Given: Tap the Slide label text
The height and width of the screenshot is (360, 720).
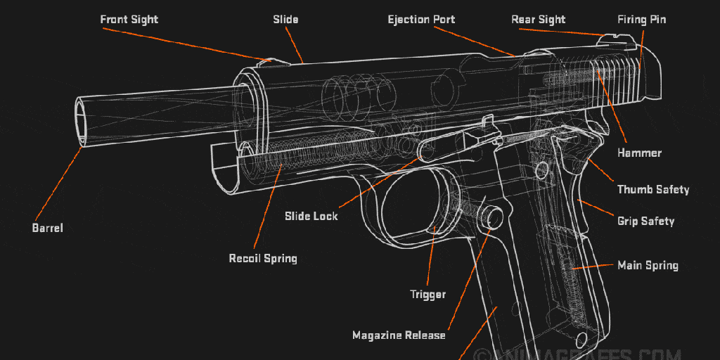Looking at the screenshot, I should (285, 20).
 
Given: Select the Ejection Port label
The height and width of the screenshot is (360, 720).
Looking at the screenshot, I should (421, 20).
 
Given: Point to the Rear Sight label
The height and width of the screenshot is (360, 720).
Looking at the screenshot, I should (538, 20).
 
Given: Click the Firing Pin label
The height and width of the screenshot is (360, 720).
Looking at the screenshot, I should (641, 20).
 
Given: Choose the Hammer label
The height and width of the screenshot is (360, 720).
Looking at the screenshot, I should (639, 153).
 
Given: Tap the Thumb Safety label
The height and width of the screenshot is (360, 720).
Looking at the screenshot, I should (652, 190).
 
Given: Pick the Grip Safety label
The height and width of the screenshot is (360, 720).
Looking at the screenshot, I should (645, 221).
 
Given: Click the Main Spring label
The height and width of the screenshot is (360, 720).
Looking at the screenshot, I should (648, 266).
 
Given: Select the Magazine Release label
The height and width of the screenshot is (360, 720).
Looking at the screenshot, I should (399, 335).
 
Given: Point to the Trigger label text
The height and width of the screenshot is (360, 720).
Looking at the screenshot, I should (427, 294).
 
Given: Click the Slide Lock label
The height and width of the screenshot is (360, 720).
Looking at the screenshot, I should (311, 216).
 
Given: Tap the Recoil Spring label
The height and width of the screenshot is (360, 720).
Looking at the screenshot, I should (263, 259).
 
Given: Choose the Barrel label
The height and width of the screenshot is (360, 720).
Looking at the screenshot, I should (47, 228).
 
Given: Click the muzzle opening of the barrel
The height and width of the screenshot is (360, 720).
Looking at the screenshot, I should (83, 123).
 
